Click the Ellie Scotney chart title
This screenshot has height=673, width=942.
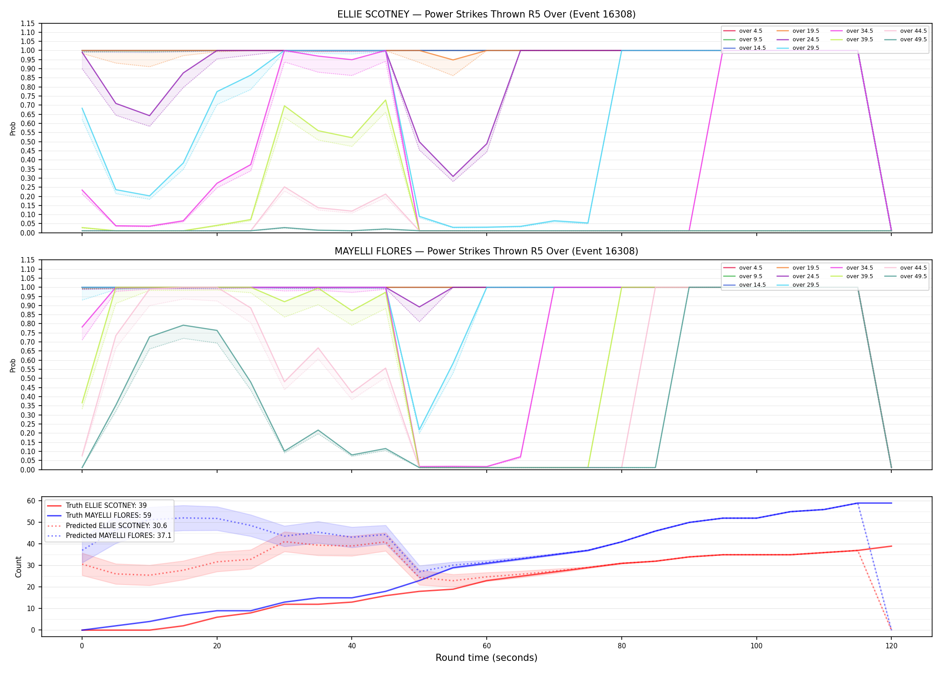pos(486,14)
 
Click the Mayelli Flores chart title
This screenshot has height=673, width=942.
pos(486,251)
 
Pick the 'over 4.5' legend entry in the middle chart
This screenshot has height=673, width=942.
pos(743,268)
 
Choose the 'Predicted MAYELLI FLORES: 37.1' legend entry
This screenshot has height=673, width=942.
pos(109,536)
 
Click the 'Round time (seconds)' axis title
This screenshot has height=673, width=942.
pos(486,658)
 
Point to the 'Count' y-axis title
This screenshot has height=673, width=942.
pos(18,567)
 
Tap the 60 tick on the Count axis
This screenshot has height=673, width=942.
pos(31,501)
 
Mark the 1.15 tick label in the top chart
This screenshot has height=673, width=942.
pos(28,23)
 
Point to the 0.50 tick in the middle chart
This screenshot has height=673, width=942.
pos(28,379)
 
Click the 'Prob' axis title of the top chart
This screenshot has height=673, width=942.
pos(13,128)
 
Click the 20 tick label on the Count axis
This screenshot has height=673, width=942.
pos(31,587)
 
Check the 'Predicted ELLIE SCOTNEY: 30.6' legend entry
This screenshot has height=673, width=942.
pos(107,525)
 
